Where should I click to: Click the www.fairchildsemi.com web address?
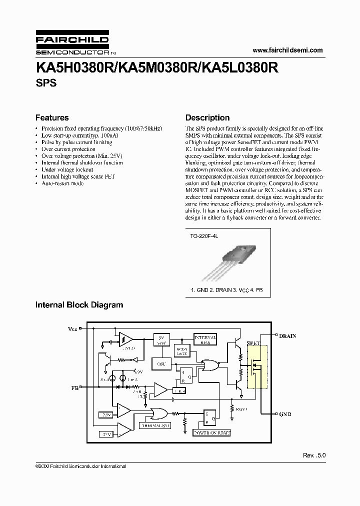[x=287, y=50]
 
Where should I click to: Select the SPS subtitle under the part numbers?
[x=46, y=83]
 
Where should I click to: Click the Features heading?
[x=52, y=118]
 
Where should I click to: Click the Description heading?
[x=207, y=118]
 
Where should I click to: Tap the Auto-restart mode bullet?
[x=62, y=183]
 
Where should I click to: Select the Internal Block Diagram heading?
[x=79, y=304]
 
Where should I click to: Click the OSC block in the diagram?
[x=160, y=364]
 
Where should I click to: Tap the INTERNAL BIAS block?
[x=205, y=340]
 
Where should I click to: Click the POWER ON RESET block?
[x=211, y=433]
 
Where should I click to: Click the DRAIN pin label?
[x=287, y=335]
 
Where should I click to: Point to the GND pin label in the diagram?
[x=285, y=414]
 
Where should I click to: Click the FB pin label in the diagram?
[x=75, y=387]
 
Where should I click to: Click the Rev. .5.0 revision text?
[x=314, y=455]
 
